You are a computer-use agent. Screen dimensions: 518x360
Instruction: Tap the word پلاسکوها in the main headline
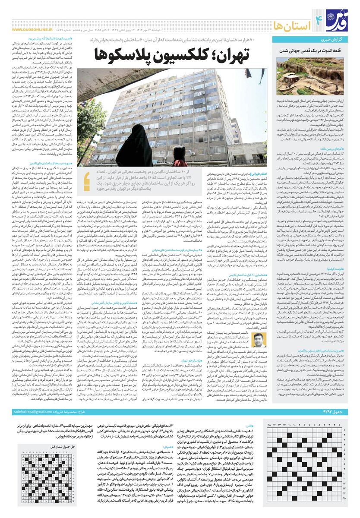[130, 55]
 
